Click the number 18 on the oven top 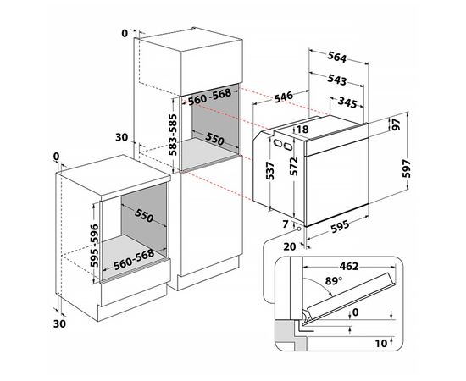(x=302, y=130)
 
